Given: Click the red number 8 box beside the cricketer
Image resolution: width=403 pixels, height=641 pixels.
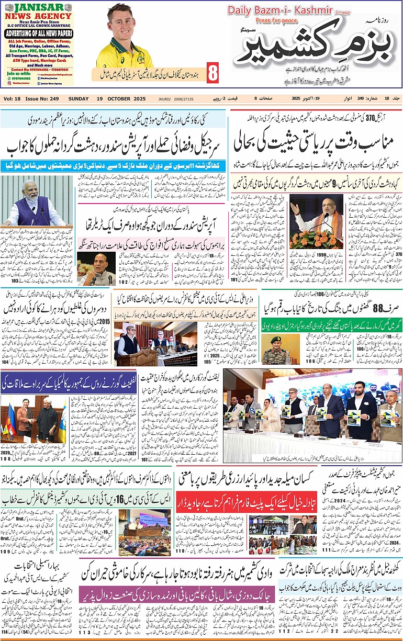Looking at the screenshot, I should [x=212, y=73].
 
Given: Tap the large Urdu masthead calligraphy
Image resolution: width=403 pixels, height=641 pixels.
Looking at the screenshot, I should [x=314, y=51].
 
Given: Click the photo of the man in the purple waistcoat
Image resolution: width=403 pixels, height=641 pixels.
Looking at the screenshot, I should [x=34, y=200].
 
